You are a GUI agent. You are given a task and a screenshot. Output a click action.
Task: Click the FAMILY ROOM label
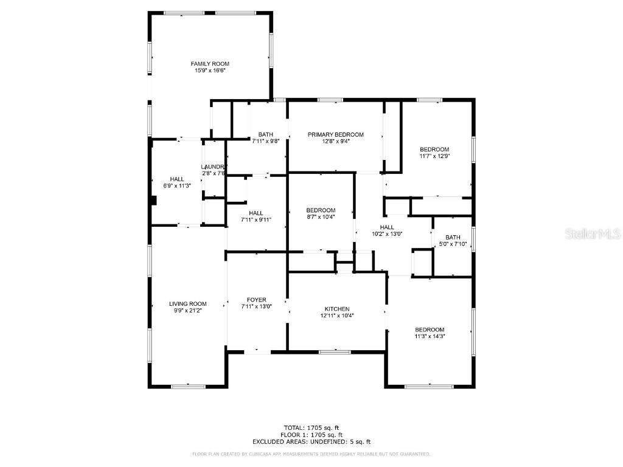(210, 64)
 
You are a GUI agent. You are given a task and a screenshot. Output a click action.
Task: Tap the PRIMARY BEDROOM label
(335, 134)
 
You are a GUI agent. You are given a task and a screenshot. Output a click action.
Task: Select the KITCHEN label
(336, 309)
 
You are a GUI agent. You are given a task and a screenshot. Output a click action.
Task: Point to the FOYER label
(256, 300)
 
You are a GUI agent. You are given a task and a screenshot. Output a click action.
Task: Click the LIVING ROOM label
(188, 304)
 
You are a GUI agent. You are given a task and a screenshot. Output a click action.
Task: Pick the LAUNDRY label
(214, 167)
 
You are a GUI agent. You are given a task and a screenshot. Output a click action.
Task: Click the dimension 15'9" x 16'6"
(210, 71)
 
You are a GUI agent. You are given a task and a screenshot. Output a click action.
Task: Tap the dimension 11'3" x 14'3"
(430, 336)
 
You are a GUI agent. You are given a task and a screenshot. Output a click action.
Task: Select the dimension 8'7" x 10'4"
(321, 216)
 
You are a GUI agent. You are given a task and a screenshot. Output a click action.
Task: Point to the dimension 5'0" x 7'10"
(453, 244)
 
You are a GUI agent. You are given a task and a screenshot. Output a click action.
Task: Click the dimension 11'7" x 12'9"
(434, 156)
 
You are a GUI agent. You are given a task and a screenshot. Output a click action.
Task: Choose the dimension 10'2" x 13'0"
(388, 233)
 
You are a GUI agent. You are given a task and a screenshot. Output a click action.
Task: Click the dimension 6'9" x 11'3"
(177, 185)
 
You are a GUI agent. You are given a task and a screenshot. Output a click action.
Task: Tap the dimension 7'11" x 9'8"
(265, 141)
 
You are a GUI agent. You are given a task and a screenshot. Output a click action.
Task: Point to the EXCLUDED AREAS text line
(311, 442)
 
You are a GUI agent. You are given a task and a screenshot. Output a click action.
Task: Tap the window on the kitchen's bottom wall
(335, 351)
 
